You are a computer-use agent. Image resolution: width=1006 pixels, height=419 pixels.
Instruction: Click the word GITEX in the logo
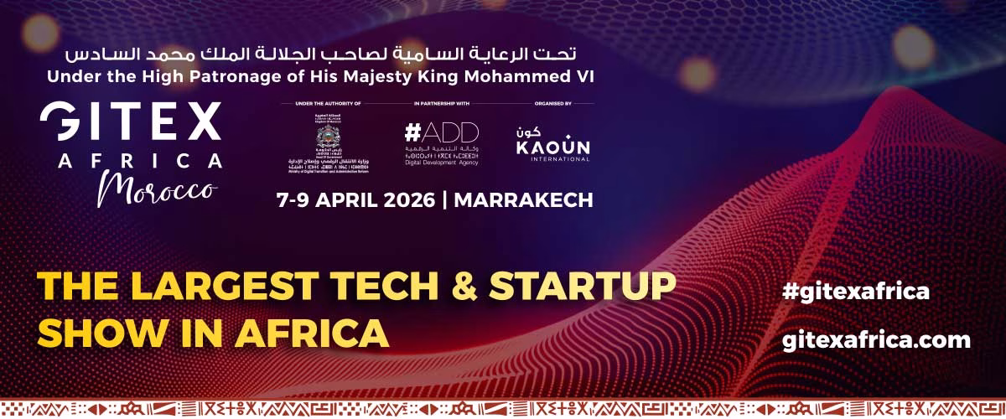click(131, 123)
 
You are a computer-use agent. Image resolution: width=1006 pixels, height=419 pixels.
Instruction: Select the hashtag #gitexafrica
click(855, 291)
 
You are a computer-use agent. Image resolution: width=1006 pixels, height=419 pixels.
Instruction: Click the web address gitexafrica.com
click(875, 339)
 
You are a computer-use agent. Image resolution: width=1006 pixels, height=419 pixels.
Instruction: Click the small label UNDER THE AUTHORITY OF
click(327, 104)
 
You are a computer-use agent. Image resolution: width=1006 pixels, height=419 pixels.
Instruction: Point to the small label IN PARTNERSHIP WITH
click(441, 104)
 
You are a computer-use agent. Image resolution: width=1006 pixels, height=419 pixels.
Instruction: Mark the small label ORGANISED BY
click(552, 104)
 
